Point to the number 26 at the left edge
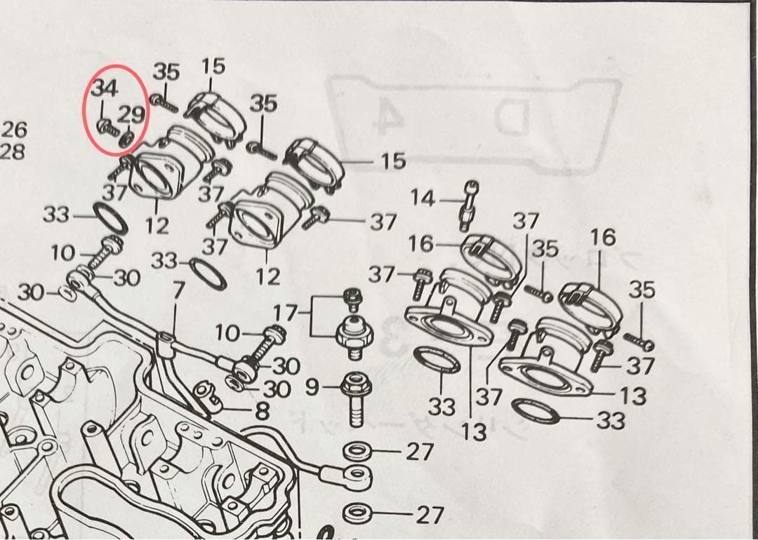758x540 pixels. point(14,129)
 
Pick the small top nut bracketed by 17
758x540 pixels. point(351,299)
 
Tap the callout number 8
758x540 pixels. point(262,411)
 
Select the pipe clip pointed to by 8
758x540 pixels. point(206,396)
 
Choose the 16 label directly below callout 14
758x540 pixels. point(421,244)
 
